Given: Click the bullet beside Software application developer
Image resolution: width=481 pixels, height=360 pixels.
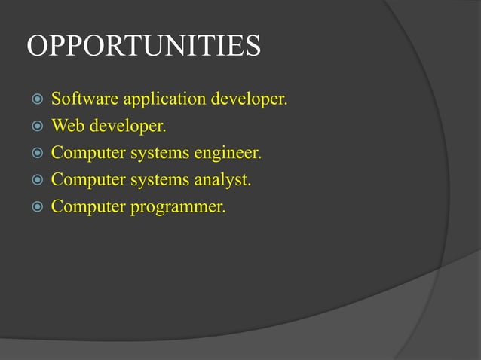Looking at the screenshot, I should coord(35,99).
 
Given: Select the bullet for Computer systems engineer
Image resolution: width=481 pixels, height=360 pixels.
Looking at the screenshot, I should coord(35,154).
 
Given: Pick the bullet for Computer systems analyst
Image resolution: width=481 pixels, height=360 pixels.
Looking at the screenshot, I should coord(35,181).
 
